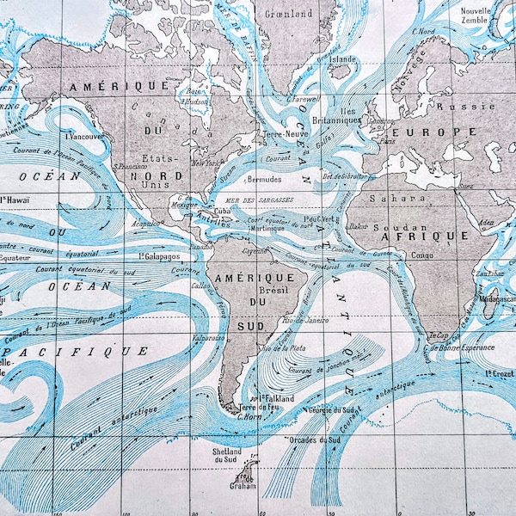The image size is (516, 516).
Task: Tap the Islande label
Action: [x=343, y=59]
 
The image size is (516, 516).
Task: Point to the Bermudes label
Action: [x=263, y=179]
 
